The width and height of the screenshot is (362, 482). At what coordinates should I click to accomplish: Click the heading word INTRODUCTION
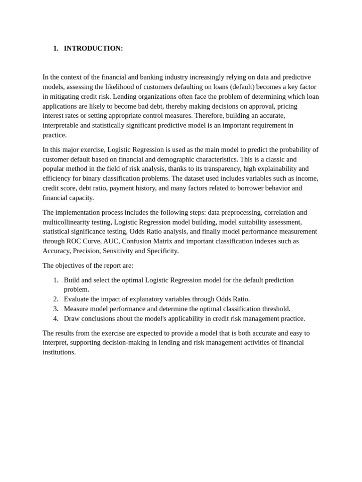click(x=93, y=48)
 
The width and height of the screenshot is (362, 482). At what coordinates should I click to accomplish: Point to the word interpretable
click(x=62, y=125)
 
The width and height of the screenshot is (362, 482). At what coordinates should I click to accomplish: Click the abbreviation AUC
click(x=111, y=241)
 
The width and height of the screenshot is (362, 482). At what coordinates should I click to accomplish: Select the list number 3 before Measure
click(x=56, y=309)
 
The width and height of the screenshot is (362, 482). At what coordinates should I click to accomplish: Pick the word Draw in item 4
click(x=72, y=319)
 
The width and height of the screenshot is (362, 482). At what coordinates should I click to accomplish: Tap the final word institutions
click(x=59, y=352)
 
